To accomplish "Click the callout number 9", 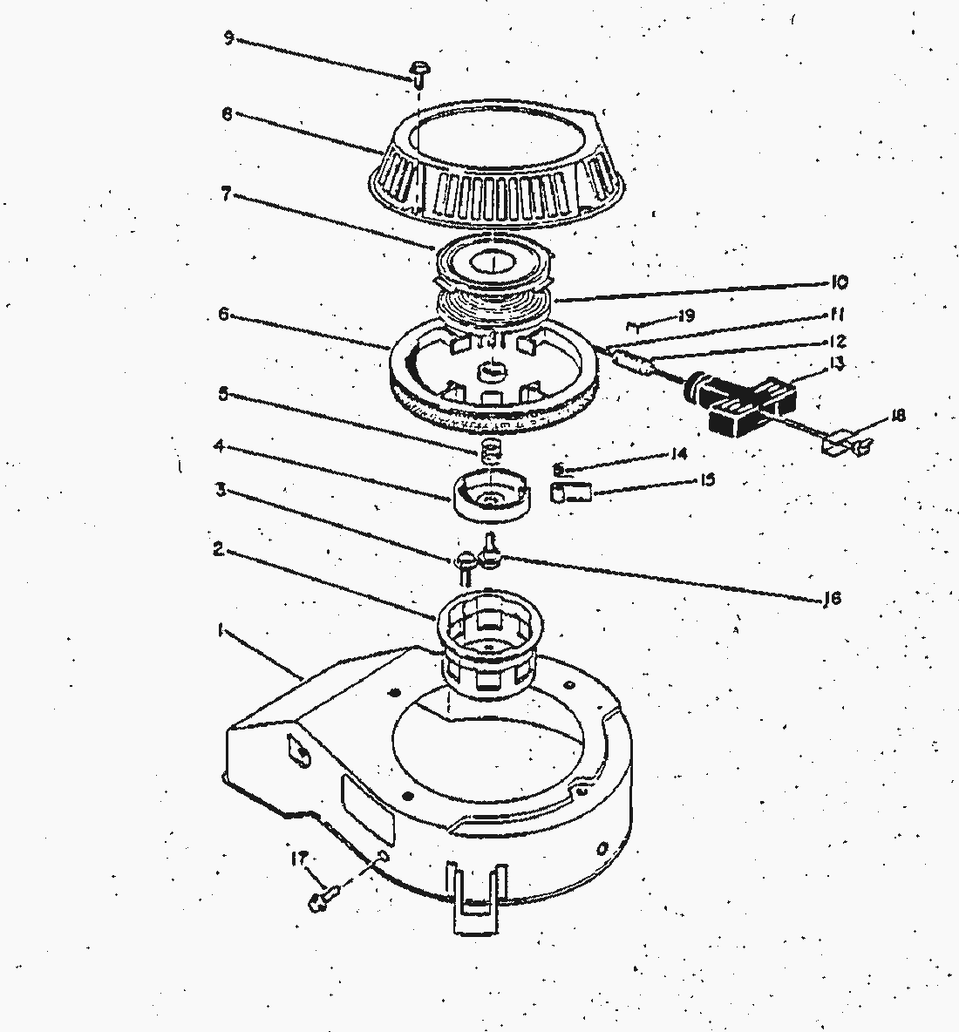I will (228, 38).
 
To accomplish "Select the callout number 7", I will (226, 195).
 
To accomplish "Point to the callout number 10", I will (839, 282).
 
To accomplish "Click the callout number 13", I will (838, 363).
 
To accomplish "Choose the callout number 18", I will (898, 416).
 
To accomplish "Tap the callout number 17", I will (297, 859).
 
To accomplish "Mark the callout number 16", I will (832, 599).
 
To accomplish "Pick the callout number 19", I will (686, 316).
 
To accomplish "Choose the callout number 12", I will (838, 342).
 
